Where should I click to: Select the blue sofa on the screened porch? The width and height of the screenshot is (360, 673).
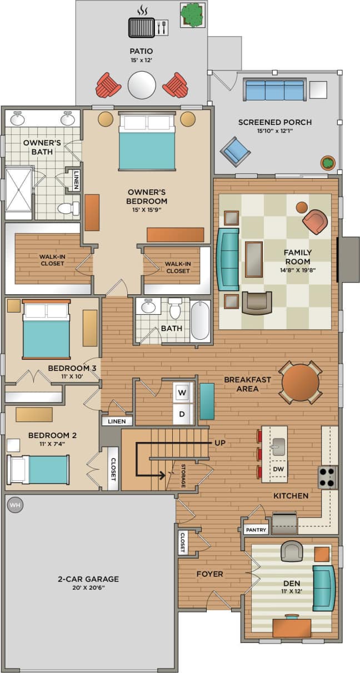coord(274,89)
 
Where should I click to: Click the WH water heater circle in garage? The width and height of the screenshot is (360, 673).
coord(14,505)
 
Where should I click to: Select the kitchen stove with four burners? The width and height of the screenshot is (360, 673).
coord(327,477)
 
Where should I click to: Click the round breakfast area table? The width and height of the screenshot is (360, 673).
coord(300,382)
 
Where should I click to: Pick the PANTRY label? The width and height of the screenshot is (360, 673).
coord(256,530)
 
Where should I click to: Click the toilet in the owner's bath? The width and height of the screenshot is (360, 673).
coord(68,209)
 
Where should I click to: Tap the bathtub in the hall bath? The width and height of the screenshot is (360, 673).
coord(200,320)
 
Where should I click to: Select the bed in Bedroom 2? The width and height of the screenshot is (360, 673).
coord(39,469)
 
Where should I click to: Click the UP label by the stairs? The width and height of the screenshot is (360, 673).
coord(220,443)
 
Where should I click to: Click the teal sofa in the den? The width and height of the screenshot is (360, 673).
coord(323,588)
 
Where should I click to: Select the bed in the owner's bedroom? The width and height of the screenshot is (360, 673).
coord(147,143)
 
